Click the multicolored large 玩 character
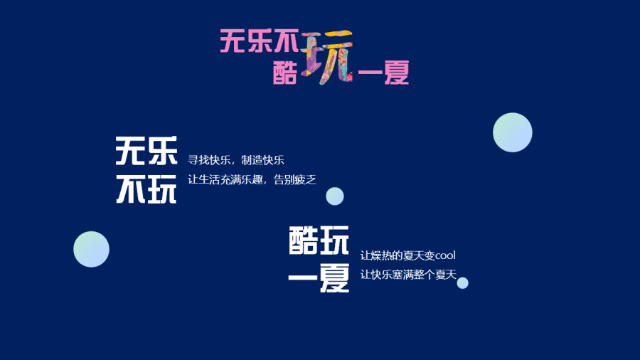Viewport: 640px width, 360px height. (x=327, y=57)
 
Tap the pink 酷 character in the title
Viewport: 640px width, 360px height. (x=285, y=73)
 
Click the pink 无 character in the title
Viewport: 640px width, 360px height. (x=233, y=41)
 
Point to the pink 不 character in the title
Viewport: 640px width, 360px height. (x=287, y=41)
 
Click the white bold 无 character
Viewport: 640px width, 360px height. (x=131, y=151)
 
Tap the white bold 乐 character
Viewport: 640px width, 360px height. (x=162, y=151)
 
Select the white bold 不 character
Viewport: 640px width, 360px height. (x=131, y=189)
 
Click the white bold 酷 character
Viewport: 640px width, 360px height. (x=303, y=240)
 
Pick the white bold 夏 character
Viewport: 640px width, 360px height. (x=334, y=278)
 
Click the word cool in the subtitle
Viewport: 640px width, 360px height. (x=445, y=255)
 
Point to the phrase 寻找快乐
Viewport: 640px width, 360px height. (x=208, y=160)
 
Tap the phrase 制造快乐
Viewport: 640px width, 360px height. (x=262, y=160)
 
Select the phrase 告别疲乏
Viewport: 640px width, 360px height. (x=294, y=179)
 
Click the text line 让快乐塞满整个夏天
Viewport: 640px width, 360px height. (x=408, y=275)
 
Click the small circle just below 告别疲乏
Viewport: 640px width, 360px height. (x=335, y=196)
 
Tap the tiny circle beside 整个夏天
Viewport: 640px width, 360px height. (x=462, y=283)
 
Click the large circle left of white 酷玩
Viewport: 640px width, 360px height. (x=92, y=250)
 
